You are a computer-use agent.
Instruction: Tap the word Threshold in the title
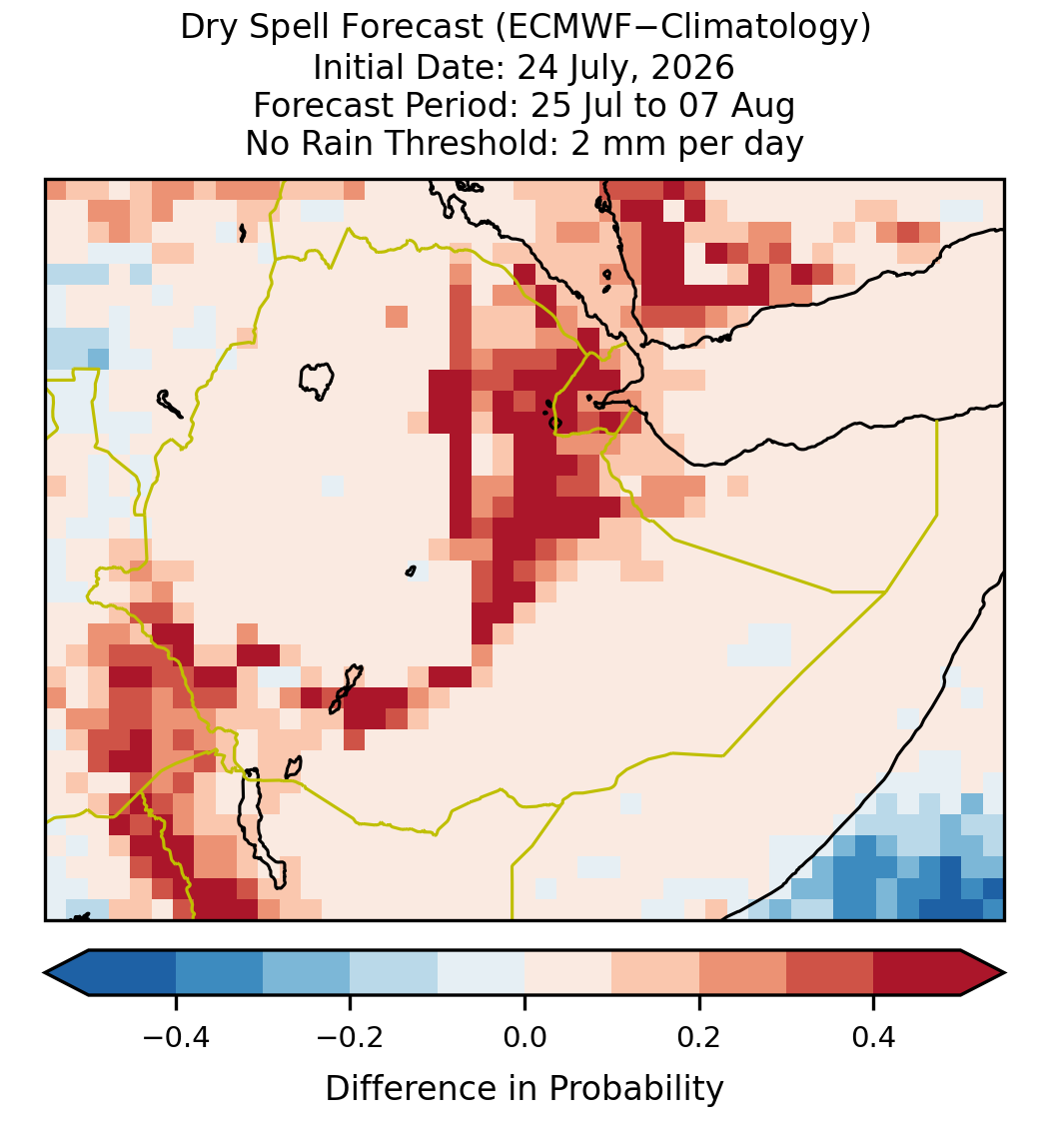tap(476, 143)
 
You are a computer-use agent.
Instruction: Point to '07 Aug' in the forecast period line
tap(736, 106)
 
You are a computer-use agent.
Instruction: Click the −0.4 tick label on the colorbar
tap(176, 1036)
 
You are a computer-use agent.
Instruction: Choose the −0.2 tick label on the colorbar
tap(351, 1036)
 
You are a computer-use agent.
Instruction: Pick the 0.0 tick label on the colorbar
tap(524, 1036)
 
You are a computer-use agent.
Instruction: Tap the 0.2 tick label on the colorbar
tap(699, 1036)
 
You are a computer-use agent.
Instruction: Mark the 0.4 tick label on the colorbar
tap(874, 1036)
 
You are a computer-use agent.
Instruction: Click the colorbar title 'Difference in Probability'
tap(524, 1089)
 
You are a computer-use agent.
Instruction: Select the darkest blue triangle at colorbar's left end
tap(67, 973)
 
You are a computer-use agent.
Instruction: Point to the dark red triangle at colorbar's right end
tap(983, 973)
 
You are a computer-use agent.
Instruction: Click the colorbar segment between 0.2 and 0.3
tap(742, 973)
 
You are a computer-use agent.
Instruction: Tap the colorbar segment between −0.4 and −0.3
tap(219, 973)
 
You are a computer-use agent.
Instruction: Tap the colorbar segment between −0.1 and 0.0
tap(482, 973)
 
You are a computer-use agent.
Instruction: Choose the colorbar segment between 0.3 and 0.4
tap(830, 973)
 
